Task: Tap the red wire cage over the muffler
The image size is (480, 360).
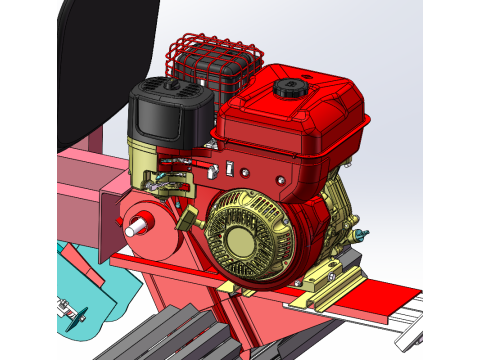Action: pyautogui.click(x=215, y=58)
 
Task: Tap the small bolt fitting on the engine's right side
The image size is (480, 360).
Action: pyautogui.click(x=361, y=235)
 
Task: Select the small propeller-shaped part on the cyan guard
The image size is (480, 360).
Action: pyautogui.click(x=71, y=321)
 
